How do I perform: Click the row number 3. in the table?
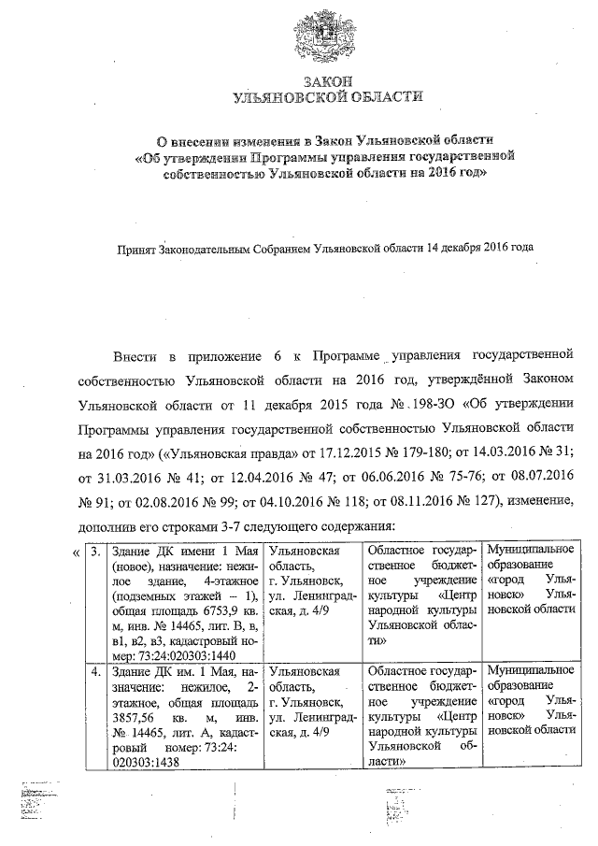pos(96,551)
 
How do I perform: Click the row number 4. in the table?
pos(96,671)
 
